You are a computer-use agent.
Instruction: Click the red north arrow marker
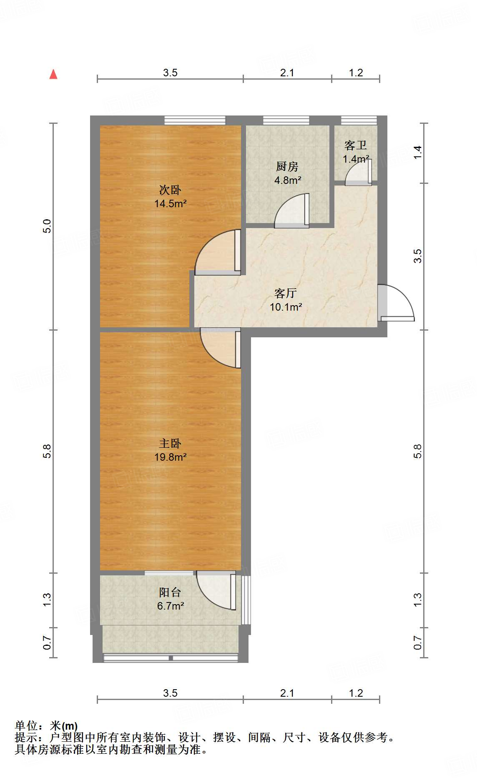click(x=53, y=74)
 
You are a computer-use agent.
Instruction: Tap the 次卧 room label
click(x=170, y=190)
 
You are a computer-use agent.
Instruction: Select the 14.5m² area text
click(x=170, y=204)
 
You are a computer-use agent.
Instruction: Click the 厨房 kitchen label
click(x=287, y=167)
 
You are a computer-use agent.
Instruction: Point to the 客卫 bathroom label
click(x=356, y=145)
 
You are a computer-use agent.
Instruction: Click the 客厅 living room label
click(x=286, y=293)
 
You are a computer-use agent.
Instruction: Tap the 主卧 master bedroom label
click(x=170, y=443)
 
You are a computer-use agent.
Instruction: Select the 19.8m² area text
click(x=170, y=457)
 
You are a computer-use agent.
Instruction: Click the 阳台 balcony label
click(x=170, y=592)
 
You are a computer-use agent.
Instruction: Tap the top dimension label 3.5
click(x=170, y=73)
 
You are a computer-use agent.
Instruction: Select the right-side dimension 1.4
click(x=418, y=151)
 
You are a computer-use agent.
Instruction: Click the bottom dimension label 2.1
click(x=287, y=693)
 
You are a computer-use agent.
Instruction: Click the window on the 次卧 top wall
click(x=195, y=120)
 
